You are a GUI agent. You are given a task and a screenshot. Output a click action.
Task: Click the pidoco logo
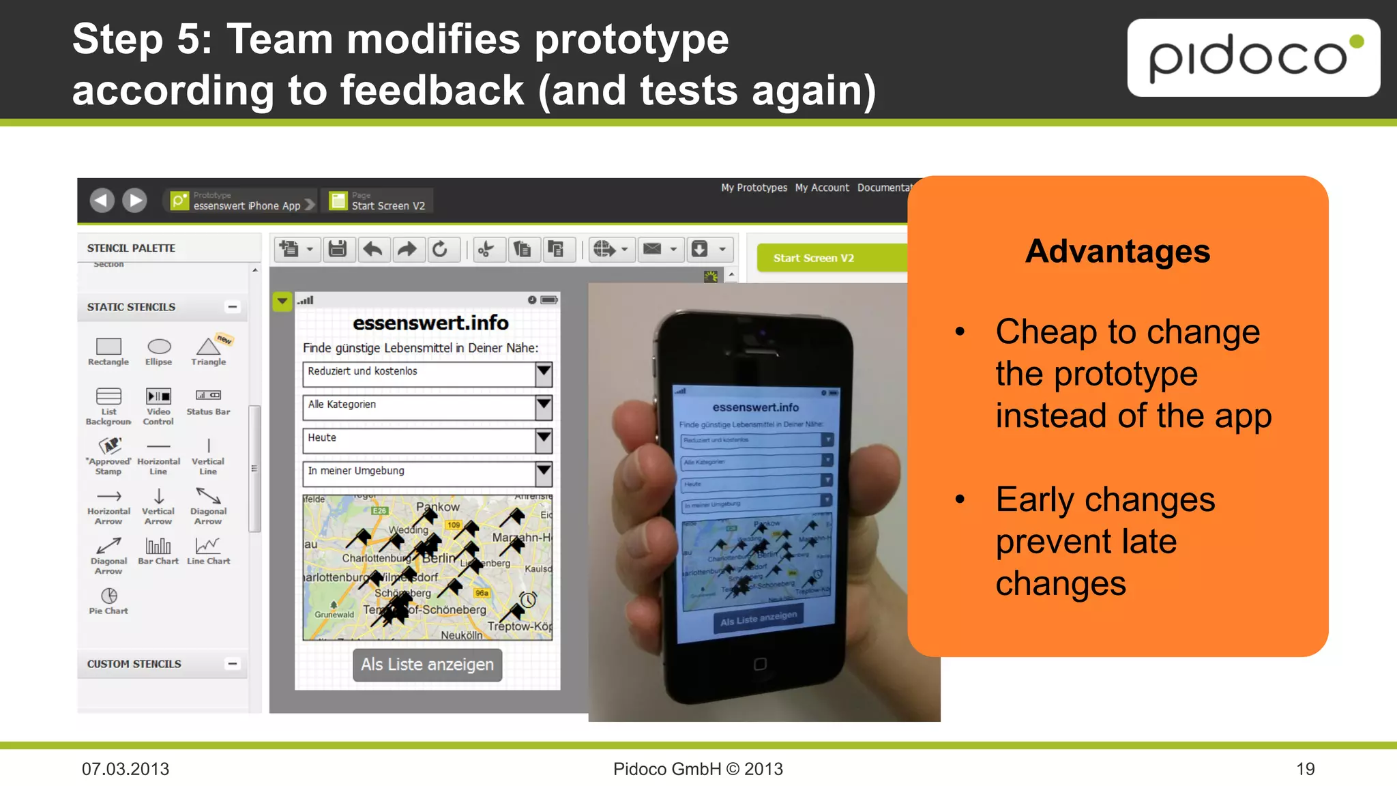click(1253, 57)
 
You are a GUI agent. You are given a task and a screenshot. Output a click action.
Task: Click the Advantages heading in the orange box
click(1117, 251)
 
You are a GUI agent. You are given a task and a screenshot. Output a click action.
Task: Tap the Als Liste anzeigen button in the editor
click(427, 665)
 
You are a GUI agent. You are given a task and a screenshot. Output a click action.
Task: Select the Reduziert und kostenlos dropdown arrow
click(544, 373)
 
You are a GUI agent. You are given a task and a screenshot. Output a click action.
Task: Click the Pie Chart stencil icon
click(108, 596)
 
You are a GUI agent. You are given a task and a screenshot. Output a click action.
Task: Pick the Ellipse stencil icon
click(159, 347)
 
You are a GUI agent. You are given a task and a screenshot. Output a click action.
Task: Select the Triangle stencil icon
click(208, 347)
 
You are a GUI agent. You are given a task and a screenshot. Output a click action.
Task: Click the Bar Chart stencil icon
click(158, 546)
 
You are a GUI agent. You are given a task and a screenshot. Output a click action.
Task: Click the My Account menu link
click(821, 188)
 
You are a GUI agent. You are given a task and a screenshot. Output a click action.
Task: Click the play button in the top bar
click(135, 200)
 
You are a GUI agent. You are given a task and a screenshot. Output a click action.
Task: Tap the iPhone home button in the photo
click(760, 664)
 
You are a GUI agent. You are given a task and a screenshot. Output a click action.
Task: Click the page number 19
click(1305, 769)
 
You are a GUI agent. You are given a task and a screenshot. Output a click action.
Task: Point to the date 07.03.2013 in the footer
click(126, 769)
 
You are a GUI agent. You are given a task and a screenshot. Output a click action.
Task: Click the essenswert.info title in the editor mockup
click(430, 323)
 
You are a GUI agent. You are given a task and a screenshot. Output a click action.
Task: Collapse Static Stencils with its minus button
click(233, 307)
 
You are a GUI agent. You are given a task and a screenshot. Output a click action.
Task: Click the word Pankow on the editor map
click(438, 507)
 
